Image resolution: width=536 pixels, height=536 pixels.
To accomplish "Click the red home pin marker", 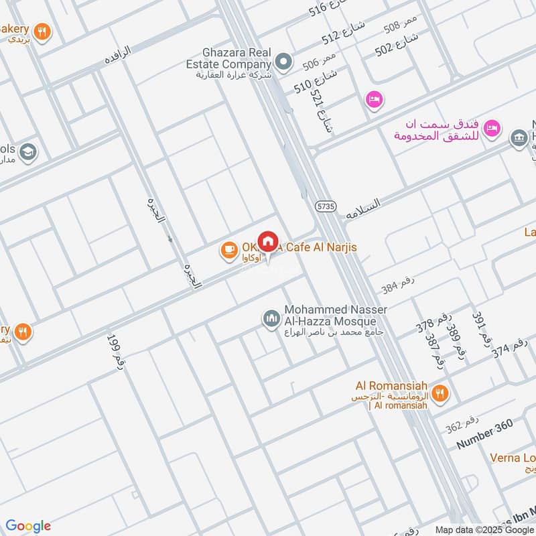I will [x=268, y=242].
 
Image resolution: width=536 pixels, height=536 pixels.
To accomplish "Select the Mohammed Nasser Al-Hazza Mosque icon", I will [x=271, y=318].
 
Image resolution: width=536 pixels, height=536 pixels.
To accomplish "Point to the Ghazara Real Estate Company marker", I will [x=284, y=62].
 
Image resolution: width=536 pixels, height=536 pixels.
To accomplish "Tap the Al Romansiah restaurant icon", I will [x=440, y=393].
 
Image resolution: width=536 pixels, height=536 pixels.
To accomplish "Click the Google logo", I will [x=27, y=526].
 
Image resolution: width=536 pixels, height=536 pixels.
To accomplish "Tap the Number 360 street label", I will [x=484, y=437].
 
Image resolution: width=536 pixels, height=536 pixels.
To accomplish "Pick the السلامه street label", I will [x=363, y=209].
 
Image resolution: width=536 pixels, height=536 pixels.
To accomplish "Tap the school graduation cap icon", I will [x=27, y=151].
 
